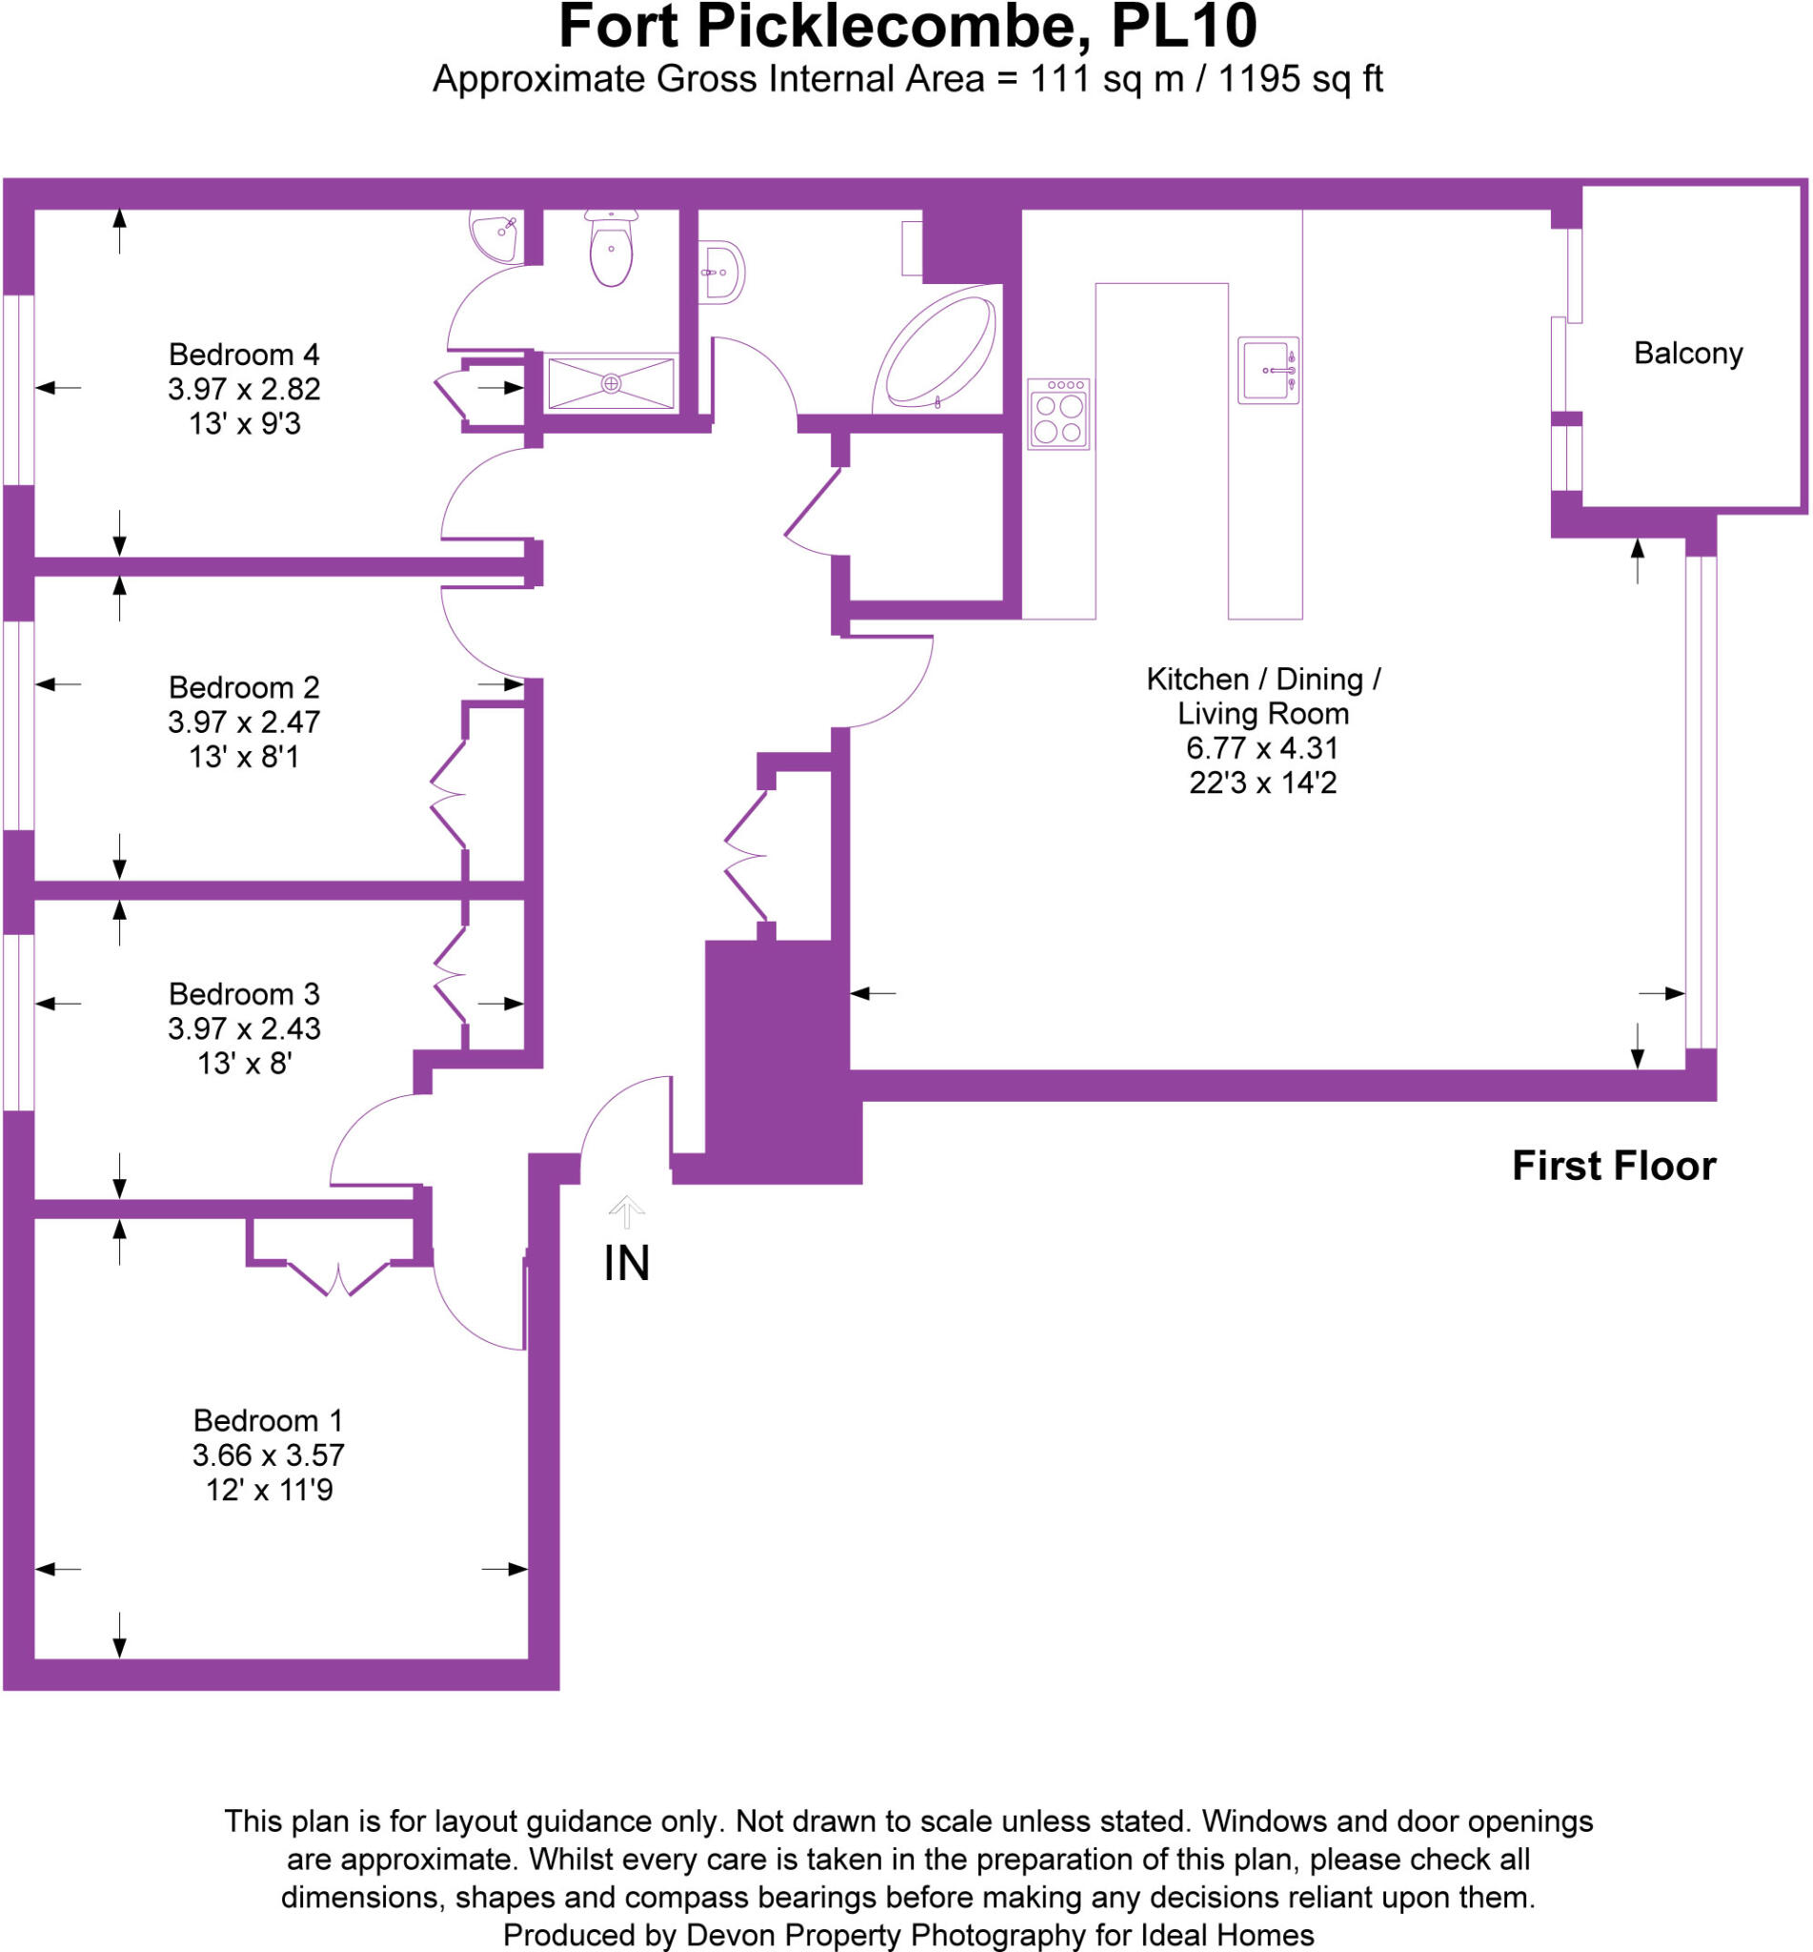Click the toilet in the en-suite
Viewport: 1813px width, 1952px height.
click(x=611, y=251)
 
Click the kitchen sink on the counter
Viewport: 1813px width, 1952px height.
click(x=1267, y=370)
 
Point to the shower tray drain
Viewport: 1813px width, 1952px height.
click(x=612, y=384)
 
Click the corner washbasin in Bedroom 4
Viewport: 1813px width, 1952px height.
click(x=495, y=236)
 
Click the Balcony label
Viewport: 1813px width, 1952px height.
click(x=1687, y=354)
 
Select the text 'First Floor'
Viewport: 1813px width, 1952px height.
click(x=1613, y=1166)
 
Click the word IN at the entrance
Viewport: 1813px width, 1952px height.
click(x=626, y=1263)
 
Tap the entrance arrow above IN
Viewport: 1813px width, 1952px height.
click(x=626, y=1211)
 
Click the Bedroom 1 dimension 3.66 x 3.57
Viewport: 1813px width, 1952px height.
click(x=268, y=1455)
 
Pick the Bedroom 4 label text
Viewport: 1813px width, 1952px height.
click(x=243, y=355)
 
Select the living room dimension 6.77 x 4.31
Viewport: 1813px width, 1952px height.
click(x=1261, y=748)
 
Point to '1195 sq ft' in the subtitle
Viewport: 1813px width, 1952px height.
click(x=1299, y=79)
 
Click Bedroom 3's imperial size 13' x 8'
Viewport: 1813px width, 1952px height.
click(x=244, y=1063)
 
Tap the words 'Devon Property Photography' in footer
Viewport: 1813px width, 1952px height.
click(x=885, y=1934)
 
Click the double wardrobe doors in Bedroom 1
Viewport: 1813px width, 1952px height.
click(x=337, y=1279)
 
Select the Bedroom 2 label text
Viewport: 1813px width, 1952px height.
click(x=243, y=687)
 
